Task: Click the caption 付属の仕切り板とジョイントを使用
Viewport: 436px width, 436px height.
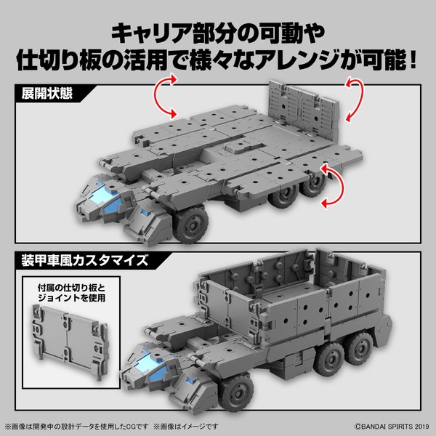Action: [x=70, y=292]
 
